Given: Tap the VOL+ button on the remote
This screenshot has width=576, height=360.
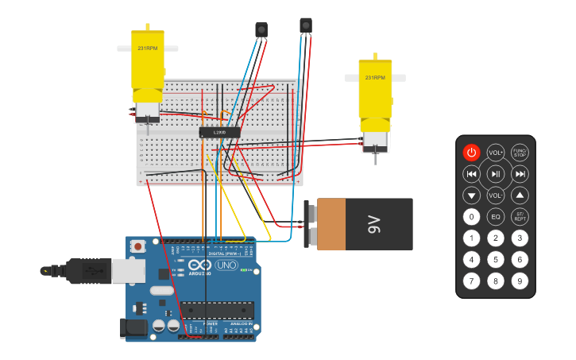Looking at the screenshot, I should coord(496,153).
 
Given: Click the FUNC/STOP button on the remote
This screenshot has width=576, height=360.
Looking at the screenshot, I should coord(520,153).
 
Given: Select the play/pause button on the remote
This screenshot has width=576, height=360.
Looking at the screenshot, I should coord(496,174).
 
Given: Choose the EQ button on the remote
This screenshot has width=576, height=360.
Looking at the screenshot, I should coord(496,216).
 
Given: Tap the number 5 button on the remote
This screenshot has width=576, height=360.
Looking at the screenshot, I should coord(496,259).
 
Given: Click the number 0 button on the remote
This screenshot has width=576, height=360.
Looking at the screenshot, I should coord(472,216).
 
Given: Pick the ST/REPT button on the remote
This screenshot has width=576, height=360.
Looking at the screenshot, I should coord(520,216).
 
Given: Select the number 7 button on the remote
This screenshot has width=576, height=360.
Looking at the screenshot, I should coord(472,281).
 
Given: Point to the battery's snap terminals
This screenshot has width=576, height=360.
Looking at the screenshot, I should coord(311,225).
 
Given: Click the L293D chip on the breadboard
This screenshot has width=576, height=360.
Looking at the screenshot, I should coord(219,132).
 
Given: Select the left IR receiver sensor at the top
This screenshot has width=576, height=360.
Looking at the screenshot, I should coord(261,29).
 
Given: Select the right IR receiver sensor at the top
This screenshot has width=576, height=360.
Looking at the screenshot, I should coord(306,25).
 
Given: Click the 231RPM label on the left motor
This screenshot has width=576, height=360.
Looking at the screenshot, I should coord(148,48).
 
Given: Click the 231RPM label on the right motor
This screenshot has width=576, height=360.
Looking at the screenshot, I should coord(375,78).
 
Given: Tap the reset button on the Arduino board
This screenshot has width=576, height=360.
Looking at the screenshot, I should coord(138,246).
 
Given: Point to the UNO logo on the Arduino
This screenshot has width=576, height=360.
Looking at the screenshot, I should coord(226,265).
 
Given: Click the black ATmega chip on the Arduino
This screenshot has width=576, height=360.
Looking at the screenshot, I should coord(216,310).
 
